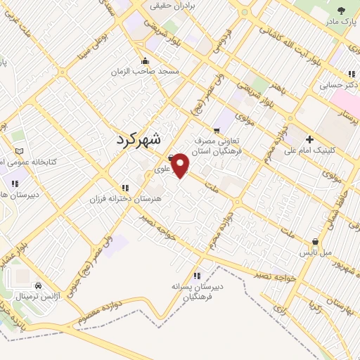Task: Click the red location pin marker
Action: click(181, 165)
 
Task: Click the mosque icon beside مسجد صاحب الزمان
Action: click(145, 60)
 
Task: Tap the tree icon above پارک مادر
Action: click(342, 10)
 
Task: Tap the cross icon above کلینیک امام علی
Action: click(309, 139)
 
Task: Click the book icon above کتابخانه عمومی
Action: click(18, 151)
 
